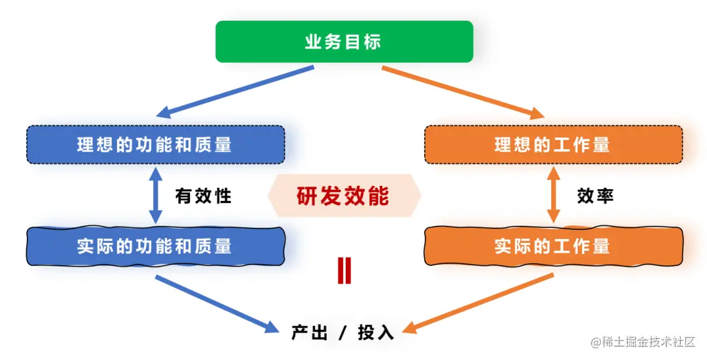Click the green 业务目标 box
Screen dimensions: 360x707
coord(344,42)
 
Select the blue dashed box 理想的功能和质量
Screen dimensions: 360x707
coord(155,144)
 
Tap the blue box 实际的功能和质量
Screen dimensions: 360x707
coord(155,246)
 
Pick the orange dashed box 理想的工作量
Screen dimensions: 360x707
coord(553,144)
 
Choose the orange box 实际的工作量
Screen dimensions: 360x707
coord(553,246)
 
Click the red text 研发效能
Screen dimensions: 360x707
coord(343,196)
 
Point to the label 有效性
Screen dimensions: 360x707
coord(204,196)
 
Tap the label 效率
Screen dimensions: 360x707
coord(595,196)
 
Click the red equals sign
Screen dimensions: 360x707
coord(344,270)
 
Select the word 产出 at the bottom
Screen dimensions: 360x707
coord(309,332)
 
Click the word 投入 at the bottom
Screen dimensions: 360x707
coord(376,332)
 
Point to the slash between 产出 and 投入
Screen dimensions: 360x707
coord(342,332)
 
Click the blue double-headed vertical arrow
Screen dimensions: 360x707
coord(155,195)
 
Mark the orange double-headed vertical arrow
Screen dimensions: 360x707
coord(553,195)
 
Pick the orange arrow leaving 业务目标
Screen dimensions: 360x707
coord(462,92)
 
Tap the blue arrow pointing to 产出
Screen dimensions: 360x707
coord(213,302)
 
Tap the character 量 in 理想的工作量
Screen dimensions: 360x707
coord(600,144)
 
